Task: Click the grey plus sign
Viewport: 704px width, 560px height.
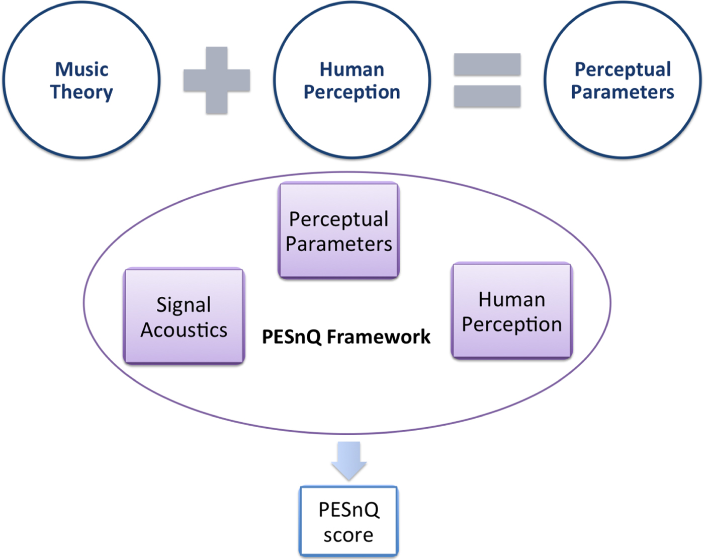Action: pyautogui.click(x=217, y=81)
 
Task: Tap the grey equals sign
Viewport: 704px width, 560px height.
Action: pyautogui.click(x=487, y=81)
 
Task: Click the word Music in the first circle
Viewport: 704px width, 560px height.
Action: pyautogui.click(x=81, y=69)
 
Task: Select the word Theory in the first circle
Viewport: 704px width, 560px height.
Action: pyautogui.click(x=81, y=92)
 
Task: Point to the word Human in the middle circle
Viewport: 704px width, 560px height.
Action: pyautogui.click(x=352, y=69)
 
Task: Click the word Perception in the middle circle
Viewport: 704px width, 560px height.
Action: pyautogui.click(x=352, y=92)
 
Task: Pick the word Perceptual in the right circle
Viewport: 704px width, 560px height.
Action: pyautogui.click(x=623, y=69)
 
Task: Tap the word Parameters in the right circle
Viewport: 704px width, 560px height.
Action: pyautogui.click(x=623, y=92)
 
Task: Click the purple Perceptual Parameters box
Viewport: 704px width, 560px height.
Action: pyautogui.click(x=338, y=230)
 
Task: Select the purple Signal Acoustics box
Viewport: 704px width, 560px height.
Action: pyautogui.click(x=184, y=316)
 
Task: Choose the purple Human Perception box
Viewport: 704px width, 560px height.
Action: pyautogui.click(x=512, y=310)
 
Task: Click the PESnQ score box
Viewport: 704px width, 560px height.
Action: pyautogui.click(x=348, y=521)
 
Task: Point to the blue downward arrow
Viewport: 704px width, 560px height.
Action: pyautogui.click(x=348, y=459)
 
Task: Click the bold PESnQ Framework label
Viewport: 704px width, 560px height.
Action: pyautogui.click(x=346, y=337)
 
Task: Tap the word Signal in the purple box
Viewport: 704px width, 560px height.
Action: pyautogui.click(x=184, y=305)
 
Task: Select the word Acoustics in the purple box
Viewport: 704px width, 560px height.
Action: pyautogui.click(x=184, y=330)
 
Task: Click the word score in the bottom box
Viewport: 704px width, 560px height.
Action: pyautogui.click(x=348, y=535)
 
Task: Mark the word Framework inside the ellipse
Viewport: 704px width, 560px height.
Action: pyautogui.click(x=378, y=337)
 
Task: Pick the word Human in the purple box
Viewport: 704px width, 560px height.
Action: pyautogui.click(x=512, y=299)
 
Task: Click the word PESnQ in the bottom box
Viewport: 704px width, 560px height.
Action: pyautogui.click(x=349, y=510)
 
